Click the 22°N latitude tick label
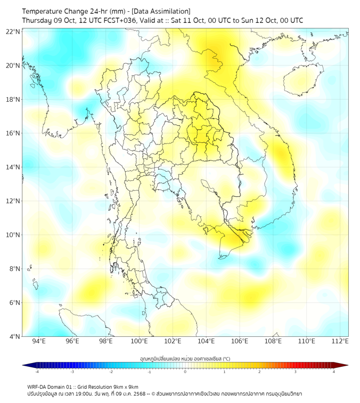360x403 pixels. click(x=13, y=31)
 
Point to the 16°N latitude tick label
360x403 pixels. click(x=13, y=133)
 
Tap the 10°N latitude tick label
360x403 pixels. click(x=13, y=235)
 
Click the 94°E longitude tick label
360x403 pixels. click(x=39, y=341)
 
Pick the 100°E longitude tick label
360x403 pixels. click(x=140, y=341)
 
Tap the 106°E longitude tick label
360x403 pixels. click(x=240, y=341)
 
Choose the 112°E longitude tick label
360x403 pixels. click(x=340, y=341)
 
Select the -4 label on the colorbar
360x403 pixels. click(x=37, y=372)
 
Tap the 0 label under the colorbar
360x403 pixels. click(x=185, y=372)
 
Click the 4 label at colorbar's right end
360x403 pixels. click(x=334, y=372)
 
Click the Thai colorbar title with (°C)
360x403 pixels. click(x=185, y=358)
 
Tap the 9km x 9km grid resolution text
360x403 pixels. click(x=124, y=386)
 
